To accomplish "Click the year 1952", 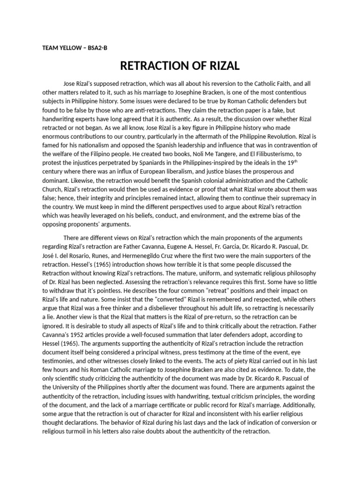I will click(x=79, y=335).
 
